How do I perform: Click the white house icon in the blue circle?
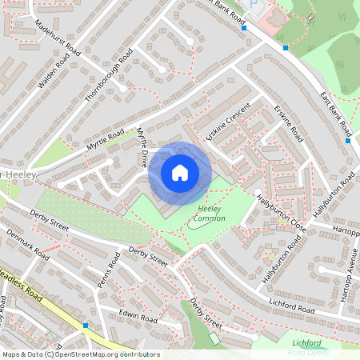180,173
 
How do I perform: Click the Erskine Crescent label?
228,123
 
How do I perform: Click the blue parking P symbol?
255,5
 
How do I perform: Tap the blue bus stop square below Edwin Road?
85,326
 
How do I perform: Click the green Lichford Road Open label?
307,347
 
